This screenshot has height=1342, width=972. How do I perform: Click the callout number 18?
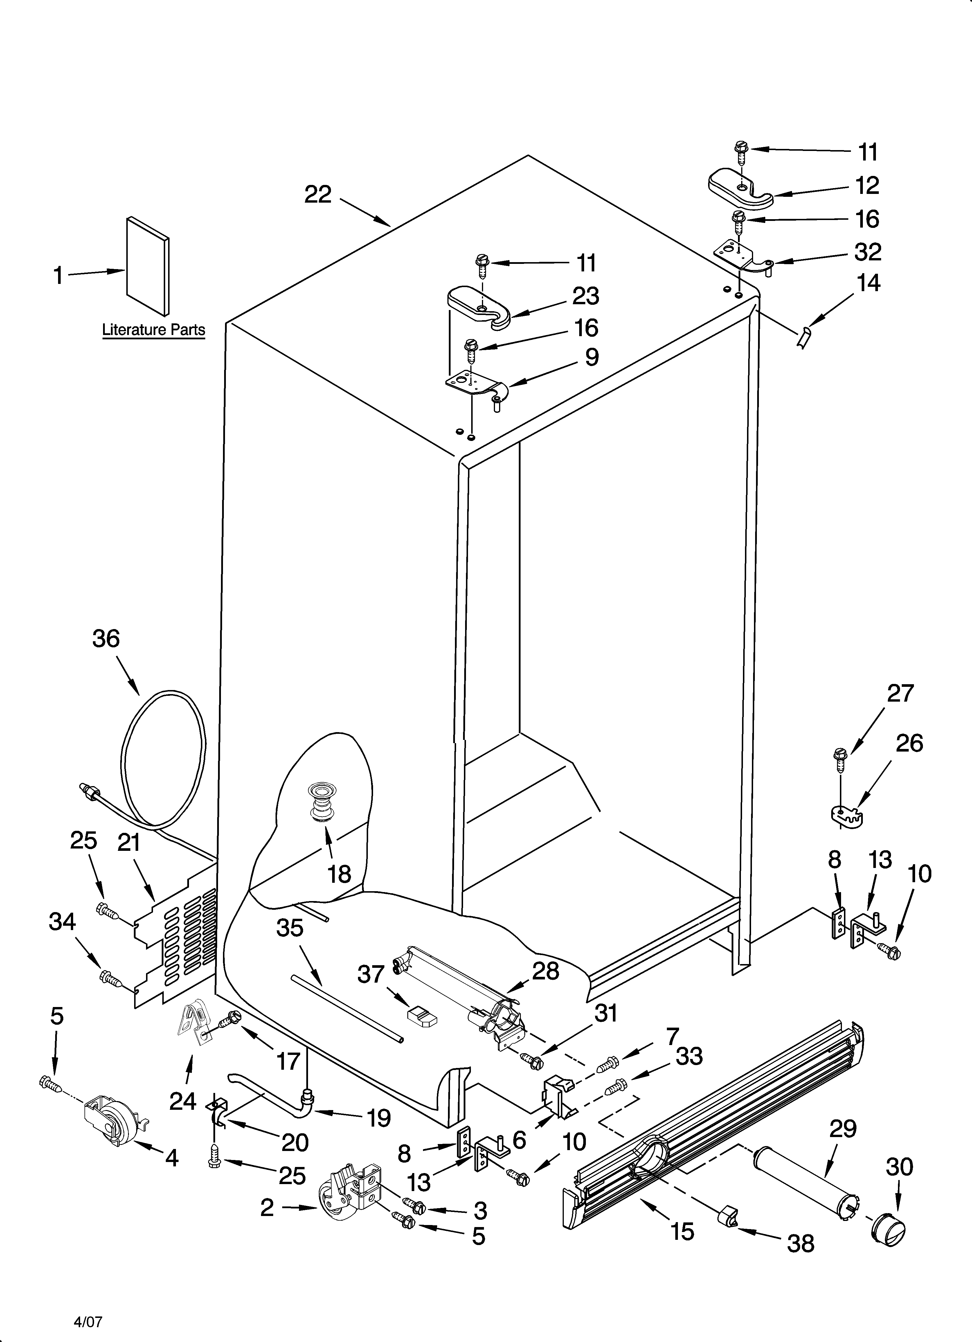[339, 873]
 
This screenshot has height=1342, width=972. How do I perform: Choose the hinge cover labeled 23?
[480, 305]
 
